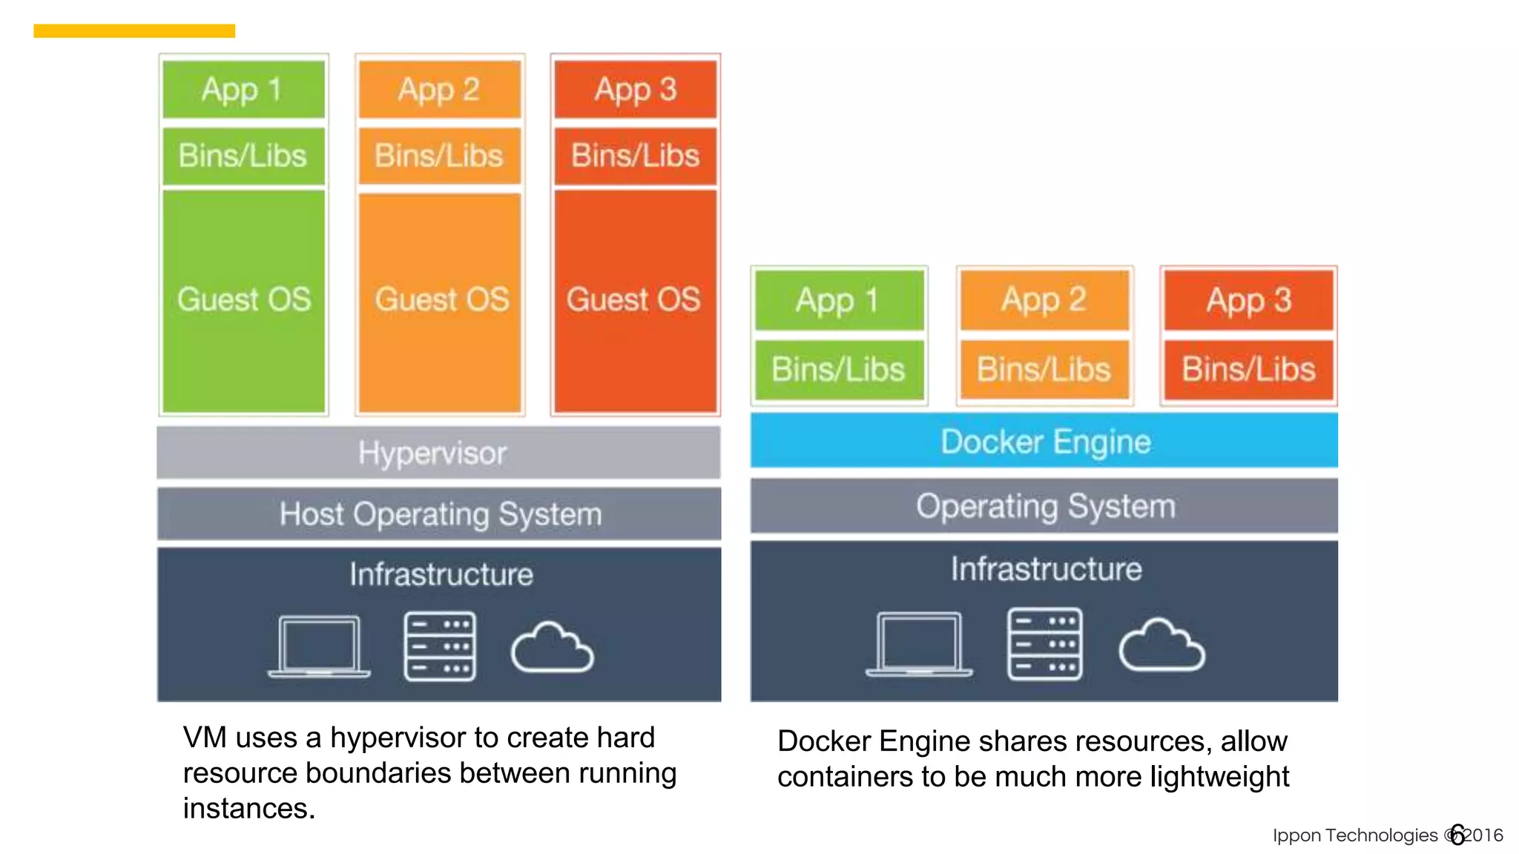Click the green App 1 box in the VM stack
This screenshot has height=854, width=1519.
point(243,90)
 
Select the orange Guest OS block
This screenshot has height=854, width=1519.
point(441,300)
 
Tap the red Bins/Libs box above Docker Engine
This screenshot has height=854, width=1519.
point(1248,369)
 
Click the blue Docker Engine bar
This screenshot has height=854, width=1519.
point(1044,442)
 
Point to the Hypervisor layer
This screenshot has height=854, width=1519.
point(438,453)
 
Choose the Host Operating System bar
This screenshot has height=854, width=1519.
point(439,514)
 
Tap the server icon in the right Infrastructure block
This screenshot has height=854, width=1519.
point(1044,643)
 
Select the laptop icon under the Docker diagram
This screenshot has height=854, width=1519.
point(918,643)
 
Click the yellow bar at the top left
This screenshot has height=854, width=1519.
point(134,30)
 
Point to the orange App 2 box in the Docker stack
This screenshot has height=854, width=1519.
point(1044,300)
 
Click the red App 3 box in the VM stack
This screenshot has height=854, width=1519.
point(636,90)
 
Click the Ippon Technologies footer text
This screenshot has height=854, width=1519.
point(1354,835)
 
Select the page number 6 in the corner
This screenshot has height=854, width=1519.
point(1457,835)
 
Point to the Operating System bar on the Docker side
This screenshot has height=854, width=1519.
point(1044,506)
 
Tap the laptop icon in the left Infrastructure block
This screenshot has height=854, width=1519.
point(319,646)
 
